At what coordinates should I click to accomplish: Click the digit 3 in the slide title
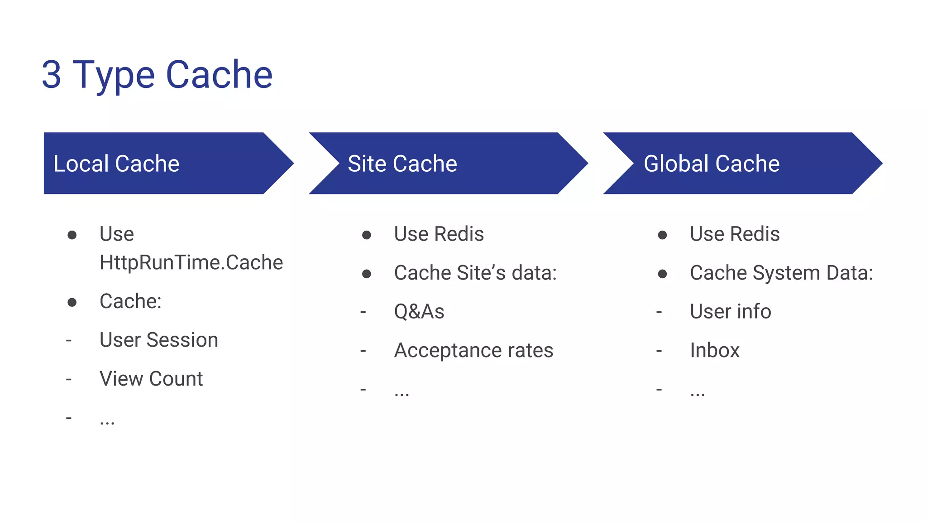pyautogui.click(x=52, y=75)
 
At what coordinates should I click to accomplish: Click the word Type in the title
pyautogui.click(x=114, y=76)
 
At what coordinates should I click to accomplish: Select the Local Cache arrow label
pyautogui.click(x=116, y=164)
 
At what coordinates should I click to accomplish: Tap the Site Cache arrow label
pyautogui.click(x=402, y=164)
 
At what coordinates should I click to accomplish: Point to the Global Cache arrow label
pyautogui.click(x=712, y=164)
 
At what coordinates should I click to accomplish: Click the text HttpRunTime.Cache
pyautogui.click(x=191, y=263)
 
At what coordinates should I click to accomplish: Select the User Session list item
pyautogui.click(x=158, y=340)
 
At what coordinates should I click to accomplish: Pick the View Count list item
pyautogui.click(x=151, y=379)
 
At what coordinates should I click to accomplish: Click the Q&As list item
pyautogui.click(x=419, y=312)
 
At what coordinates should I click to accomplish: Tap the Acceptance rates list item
pyautogui.click(x=473, y=350)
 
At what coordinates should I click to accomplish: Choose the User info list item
pyautogui.click(x=730, y=312)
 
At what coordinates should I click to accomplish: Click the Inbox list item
pyautogui.click(x=714, y=350)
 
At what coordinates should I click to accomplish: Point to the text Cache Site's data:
pyautogui.click(x=475, y=273)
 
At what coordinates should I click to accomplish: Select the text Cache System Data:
pyautogui.click(x=781, y=273)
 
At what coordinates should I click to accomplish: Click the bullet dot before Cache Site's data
pyautogui.click(x=367, y=274)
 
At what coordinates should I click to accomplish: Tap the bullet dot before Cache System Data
pyautogui.click(x=662, y=274)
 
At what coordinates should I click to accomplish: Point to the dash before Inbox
pyautogui.click(x=659, y=351)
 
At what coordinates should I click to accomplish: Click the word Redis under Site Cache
pyautogui.click(x=459, y=234)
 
